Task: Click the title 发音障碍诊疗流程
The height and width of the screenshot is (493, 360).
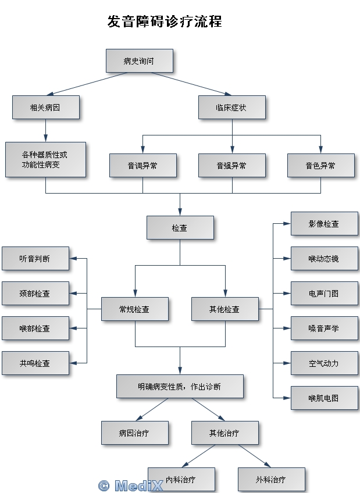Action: coord(165,22)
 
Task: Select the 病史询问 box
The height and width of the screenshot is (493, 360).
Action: coord(139,60)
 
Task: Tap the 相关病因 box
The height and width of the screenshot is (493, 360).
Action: coord(45,108)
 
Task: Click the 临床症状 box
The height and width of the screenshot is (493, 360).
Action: coord(231,108)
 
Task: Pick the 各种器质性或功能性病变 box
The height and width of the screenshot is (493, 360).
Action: coord(45,159)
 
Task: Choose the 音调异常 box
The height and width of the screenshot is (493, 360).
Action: coord(142,166)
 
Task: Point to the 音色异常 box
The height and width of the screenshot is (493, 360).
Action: coord(320,166)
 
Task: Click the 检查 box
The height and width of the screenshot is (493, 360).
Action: coord(180,228)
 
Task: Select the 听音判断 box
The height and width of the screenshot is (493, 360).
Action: coord(35,259)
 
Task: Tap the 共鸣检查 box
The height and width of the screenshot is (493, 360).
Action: coord(35,363)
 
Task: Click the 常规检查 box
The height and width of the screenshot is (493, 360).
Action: coord(134,309)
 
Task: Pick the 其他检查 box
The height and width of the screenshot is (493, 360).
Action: coord(224,309)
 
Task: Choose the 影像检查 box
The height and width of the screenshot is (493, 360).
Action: coord(324,224)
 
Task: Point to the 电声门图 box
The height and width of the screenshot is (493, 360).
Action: coord(324,294)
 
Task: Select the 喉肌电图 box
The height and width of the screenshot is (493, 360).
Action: coord(324,398)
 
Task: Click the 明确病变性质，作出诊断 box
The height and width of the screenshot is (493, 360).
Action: coord(180,387)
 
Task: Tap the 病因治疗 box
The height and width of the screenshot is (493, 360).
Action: coord(134,433)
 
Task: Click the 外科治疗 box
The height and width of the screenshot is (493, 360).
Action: coord(271,480)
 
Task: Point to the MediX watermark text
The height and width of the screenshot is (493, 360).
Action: coord(131,485)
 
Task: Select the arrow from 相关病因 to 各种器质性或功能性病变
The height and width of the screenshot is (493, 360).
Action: coord(45,131)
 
